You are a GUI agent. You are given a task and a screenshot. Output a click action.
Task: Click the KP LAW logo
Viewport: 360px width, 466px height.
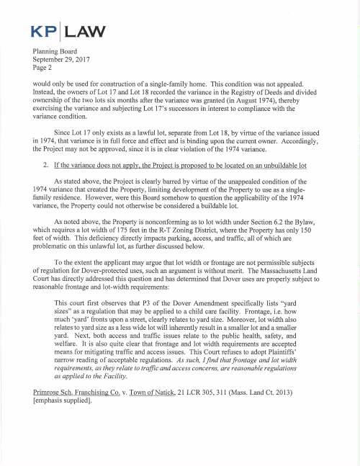click(x=69, y=31)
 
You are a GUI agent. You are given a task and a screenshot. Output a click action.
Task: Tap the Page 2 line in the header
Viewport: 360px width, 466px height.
click(x=46, y=69)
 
